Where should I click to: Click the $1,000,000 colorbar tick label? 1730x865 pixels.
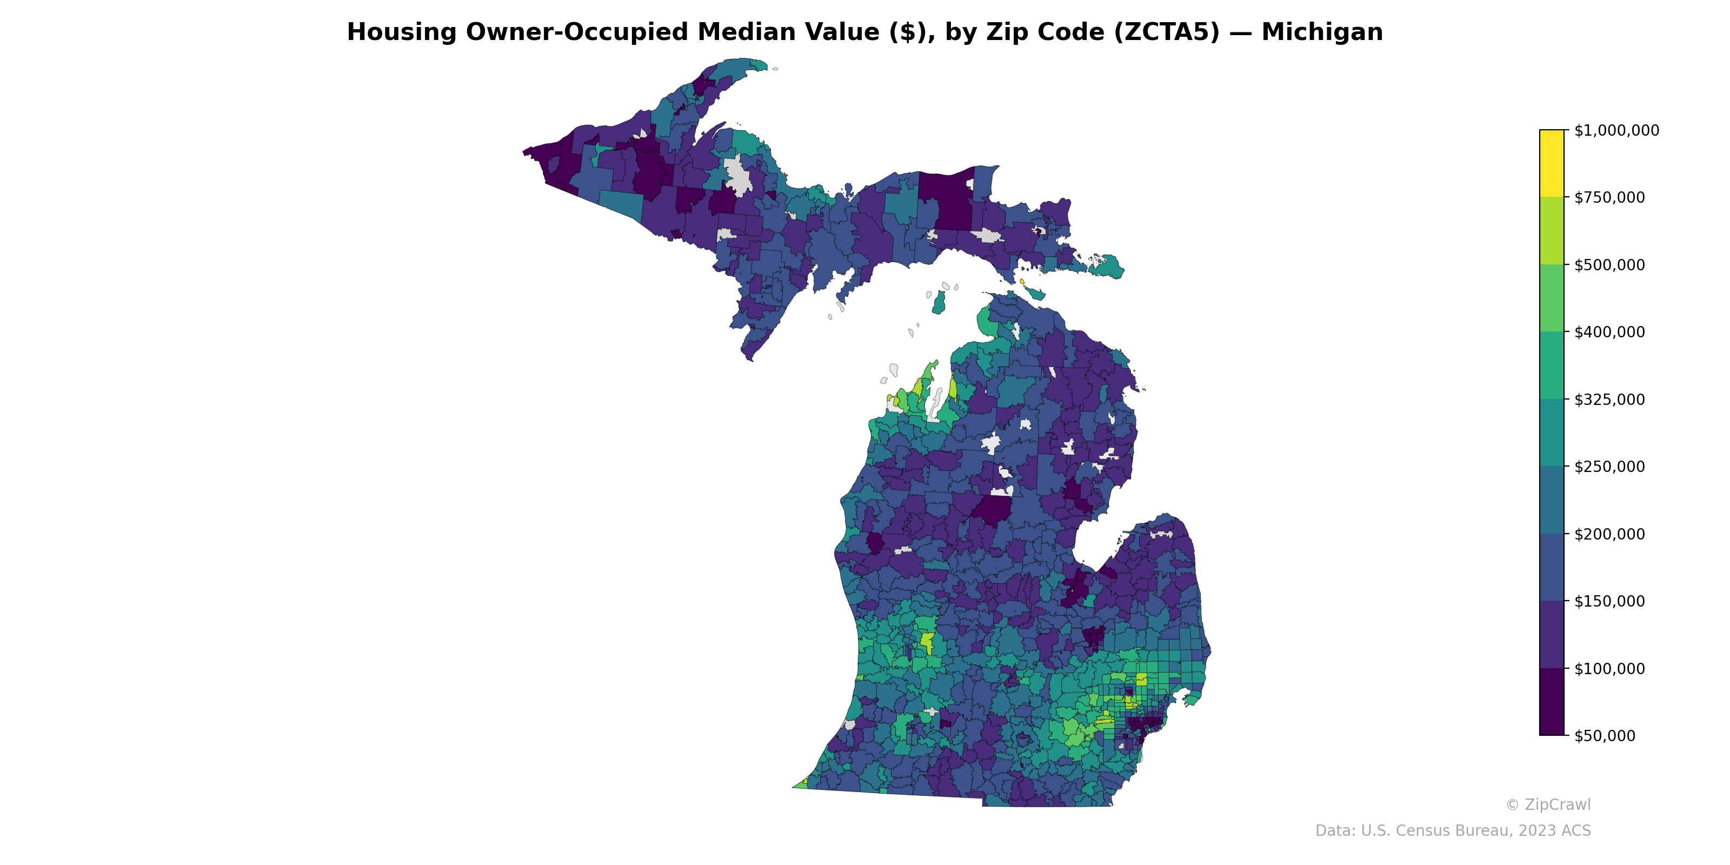pos(1616,130)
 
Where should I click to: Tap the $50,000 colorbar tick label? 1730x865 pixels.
pos(1605,735)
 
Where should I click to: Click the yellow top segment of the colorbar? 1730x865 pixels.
pos(1552,163)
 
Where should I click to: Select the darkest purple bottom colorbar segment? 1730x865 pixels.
pos(1552,702)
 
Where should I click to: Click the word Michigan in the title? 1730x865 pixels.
pos(1322,32)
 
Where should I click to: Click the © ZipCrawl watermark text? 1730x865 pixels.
pos(1548,804)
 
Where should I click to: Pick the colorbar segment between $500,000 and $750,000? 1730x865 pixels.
pos(1552,230)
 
